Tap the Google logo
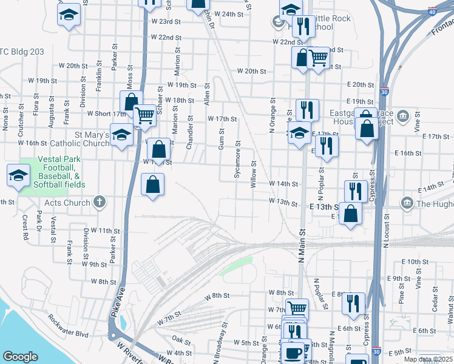20,357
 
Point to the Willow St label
254,173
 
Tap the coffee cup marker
294,352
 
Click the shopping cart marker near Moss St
144,115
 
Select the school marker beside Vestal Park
18,176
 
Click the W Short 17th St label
106,113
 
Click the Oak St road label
181,340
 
